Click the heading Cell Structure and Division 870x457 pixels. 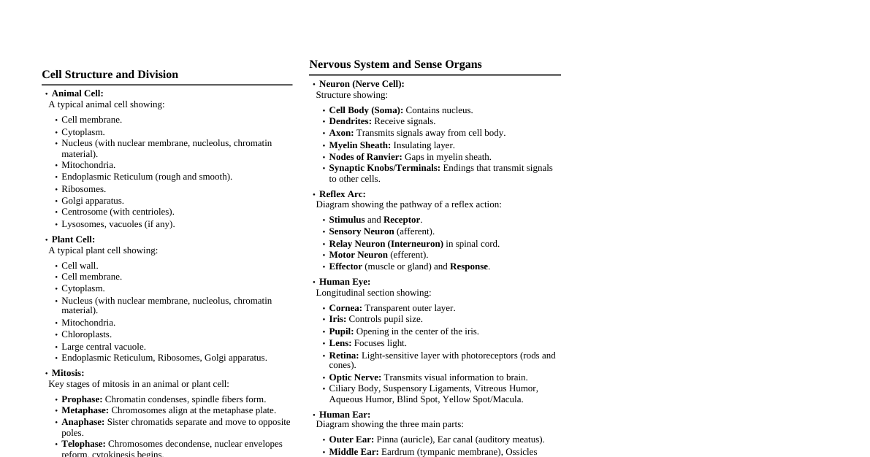pyautogui.click(x=110, y=74)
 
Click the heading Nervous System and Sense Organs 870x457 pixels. pyautogui.click(x=395, y=64)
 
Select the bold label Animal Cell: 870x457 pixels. pyautogui.click(x=77, y=93)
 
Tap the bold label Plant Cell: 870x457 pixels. pyautogui.click(x=73, y=239)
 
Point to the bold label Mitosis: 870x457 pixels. pyautogui.click(x=68, y=373)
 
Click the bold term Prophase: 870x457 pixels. pyautogui.click(x=82, y=399)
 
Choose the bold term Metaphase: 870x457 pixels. pyautogui.click(x=85, y=410)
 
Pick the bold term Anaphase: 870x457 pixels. pyautogui.click(x=83, y=422)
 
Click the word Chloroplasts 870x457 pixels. pyautogui.click(x=86, y=334)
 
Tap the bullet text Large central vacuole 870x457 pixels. pyautogui.click(x=104, y=347)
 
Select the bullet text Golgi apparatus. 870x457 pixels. pyautogui.click(x=93, y=201)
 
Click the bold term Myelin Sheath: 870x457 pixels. pyautogui.click(x=359, y=145)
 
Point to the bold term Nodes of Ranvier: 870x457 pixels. pyautogui.click(x=365, y=157)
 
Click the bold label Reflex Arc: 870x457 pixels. pyautogui.click(x=342, y=194)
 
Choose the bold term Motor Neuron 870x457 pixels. pyautogui.click(x=358, y=255)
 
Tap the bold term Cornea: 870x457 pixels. pyautogui.click(x=346, y=308)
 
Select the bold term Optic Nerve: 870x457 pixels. pyautogui.click(x=355, y=377)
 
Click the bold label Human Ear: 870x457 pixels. pyautogui.click(x=344, y=415)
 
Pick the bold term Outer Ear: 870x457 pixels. pyautogui.click(x=351, y=439)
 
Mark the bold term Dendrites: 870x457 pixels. pyautogui.click(x=350, y=121)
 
